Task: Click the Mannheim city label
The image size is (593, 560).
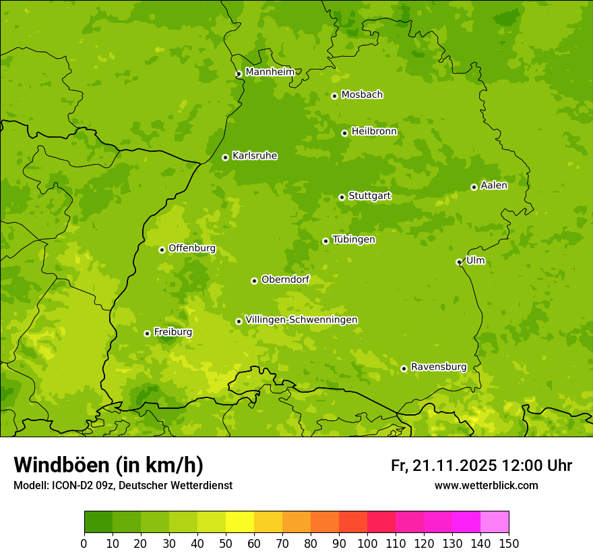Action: pos(270,72)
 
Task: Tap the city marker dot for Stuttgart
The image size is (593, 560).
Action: pos(342,197)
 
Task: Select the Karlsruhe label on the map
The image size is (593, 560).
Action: pos(254,156)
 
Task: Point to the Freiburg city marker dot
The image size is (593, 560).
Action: pos(147,333)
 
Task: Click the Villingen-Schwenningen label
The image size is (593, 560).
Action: pos(301,320)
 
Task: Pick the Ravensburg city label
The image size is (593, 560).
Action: pos(438,367)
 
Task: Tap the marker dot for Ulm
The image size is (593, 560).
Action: pos(459,262)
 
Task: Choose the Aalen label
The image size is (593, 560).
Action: pos(493,186)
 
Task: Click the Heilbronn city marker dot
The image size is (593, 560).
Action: pos(344,133)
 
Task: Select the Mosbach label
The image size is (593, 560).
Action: pos(362,95)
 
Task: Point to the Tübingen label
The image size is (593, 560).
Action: pos(353,240)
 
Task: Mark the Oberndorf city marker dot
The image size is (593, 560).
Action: pos(254,281)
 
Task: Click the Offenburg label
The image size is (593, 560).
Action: pos(192,248)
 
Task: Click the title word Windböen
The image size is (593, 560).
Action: pos(61,465)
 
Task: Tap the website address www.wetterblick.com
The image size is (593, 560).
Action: pos(486,485)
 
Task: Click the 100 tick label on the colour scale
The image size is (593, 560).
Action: pos(367,543)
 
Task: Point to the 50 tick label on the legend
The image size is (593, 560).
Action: pos(226,543)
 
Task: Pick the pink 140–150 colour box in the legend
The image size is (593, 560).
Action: pos(494,522)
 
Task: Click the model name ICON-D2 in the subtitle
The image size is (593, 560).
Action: pos(72,485)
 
